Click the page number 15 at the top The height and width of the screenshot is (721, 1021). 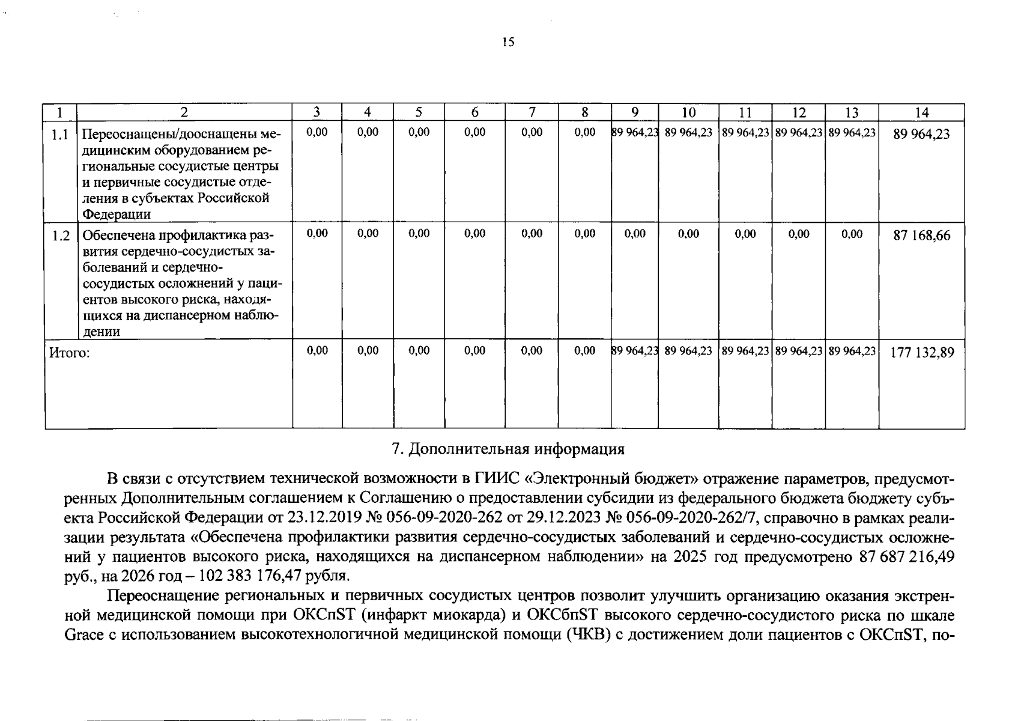click(508, 42)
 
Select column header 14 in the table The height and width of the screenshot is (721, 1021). click(921, 112)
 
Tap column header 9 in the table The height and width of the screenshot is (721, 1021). click(635, 112)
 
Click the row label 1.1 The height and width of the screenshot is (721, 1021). click(59, 135)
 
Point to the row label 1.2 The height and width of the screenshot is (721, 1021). click(61, 236)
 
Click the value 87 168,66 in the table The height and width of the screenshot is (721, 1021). click(922, 236)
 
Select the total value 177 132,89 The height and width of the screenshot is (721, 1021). click(922, 353)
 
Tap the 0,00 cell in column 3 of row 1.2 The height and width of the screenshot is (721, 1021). click(317, 234)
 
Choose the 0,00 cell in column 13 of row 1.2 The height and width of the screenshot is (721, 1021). click(852, 234)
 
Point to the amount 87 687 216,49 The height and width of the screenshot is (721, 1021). click(907, 556)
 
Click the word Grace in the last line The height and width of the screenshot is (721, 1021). click(83, 635)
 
